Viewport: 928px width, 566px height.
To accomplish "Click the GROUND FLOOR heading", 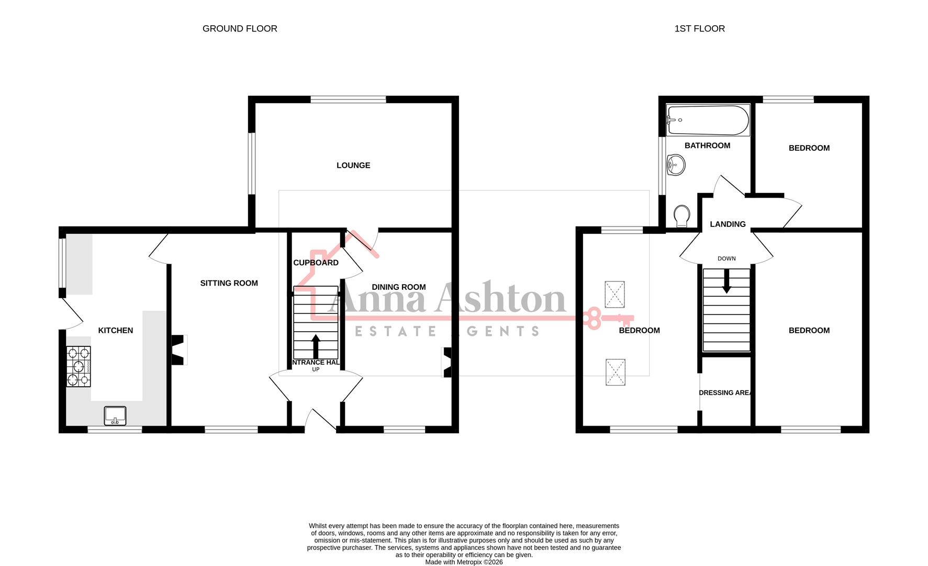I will [x=240, y=29].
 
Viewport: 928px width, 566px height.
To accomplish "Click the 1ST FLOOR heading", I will [x=699, y=29].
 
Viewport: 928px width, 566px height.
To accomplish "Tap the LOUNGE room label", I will [x=353, y=166].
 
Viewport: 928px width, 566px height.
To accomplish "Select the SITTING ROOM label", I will [x=229, y=284].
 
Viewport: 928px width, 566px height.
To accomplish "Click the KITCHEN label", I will [x=116, y=331].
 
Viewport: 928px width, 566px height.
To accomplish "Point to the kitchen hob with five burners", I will [x=79, y=366].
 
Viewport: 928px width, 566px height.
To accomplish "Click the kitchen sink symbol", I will [x=115, y=416].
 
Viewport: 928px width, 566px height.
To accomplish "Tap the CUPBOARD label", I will [x=316, y=263].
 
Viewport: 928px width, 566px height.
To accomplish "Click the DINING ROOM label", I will [x=399, y=287].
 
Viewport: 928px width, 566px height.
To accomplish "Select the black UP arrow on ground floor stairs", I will [x=316, y=346].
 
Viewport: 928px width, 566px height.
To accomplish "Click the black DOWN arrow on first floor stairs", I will [x=726, y=281].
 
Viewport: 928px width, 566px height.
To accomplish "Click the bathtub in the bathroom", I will [x=708, y=120].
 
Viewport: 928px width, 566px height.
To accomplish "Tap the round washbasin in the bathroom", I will [x=676, y=166].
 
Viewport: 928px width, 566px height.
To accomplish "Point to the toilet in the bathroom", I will [x=681, y=216].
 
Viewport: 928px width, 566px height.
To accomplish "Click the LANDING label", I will [x=728, y=224].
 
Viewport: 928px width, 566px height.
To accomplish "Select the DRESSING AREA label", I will [x=725, y=393].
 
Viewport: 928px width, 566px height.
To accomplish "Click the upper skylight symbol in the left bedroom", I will [x=615, y=295].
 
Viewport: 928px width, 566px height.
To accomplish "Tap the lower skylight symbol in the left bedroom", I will [x=615, y=372].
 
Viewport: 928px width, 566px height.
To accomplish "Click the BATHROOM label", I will [x=707, y=146].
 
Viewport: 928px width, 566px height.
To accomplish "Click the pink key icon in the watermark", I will [x=607, y=318].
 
